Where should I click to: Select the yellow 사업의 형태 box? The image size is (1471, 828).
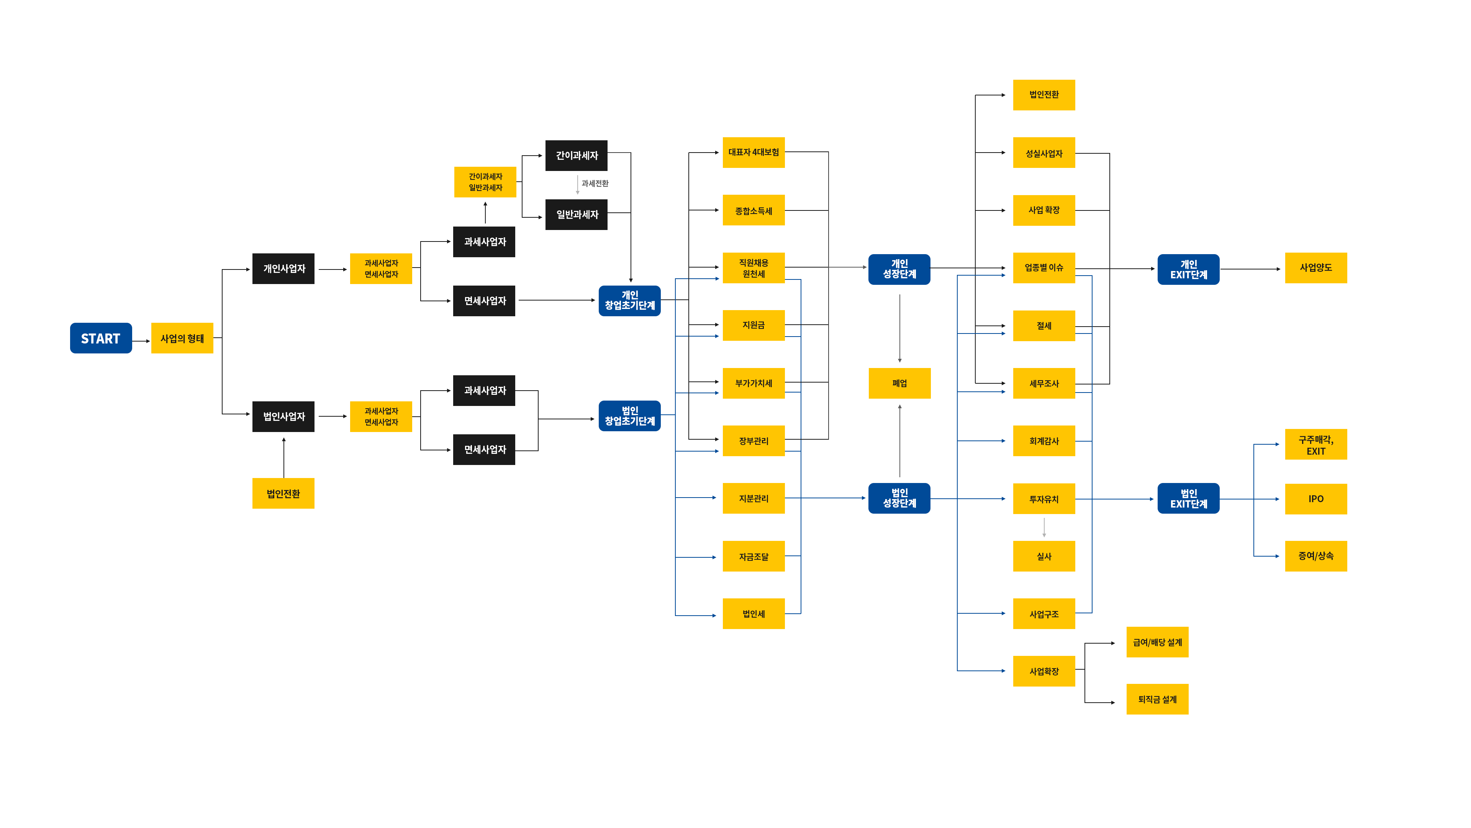182,338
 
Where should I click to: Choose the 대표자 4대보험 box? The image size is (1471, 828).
753,153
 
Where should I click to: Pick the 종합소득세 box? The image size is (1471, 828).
753,211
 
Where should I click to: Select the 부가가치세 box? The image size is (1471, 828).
753,383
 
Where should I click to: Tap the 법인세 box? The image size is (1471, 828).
753,614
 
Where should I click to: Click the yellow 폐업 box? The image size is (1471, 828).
899,383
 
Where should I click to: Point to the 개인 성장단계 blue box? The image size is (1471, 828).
899,269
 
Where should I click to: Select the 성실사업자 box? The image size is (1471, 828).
1043,153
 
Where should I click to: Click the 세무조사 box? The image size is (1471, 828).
1043,383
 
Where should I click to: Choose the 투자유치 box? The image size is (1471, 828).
1043,499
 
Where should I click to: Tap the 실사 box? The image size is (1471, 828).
1043,556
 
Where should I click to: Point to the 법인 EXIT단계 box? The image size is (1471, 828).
1188,498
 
